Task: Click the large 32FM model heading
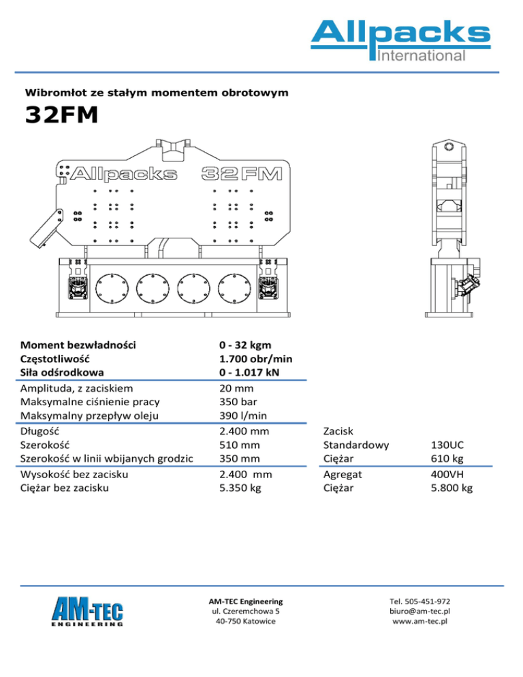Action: (61, 116)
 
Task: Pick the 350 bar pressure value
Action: (236, 402)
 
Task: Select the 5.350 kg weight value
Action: (239, 488)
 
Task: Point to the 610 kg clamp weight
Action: (447, 459)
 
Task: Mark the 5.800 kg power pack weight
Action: (452, 488)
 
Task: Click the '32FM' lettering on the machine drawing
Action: (242, 174)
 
